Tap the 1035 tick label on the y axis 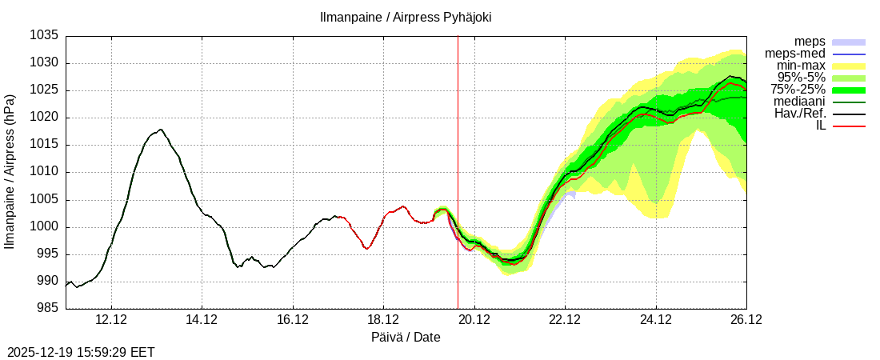point(45,36)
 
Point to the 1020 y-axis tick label point(45,118)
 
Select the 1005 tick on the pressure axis point(45,200)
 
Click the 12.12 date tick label point(111,320)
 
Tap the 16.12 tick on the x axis point(293,320)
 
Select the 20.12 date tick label point(474,320)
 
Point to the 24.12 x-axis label point(656,320)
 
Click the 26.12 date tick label point(746,320)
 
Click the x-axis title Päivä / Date point(406,337)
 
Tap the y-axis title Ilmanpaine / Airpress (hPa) point(10,171)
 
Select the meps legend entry point(810,42)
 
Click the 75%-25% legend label point(798,90)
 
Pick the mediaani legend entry point(799,102)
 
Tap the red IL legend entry point(821,126)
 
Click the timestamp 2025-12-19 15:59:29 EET point(81,352)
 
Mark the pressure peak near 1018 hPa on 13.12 point(160,129)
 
